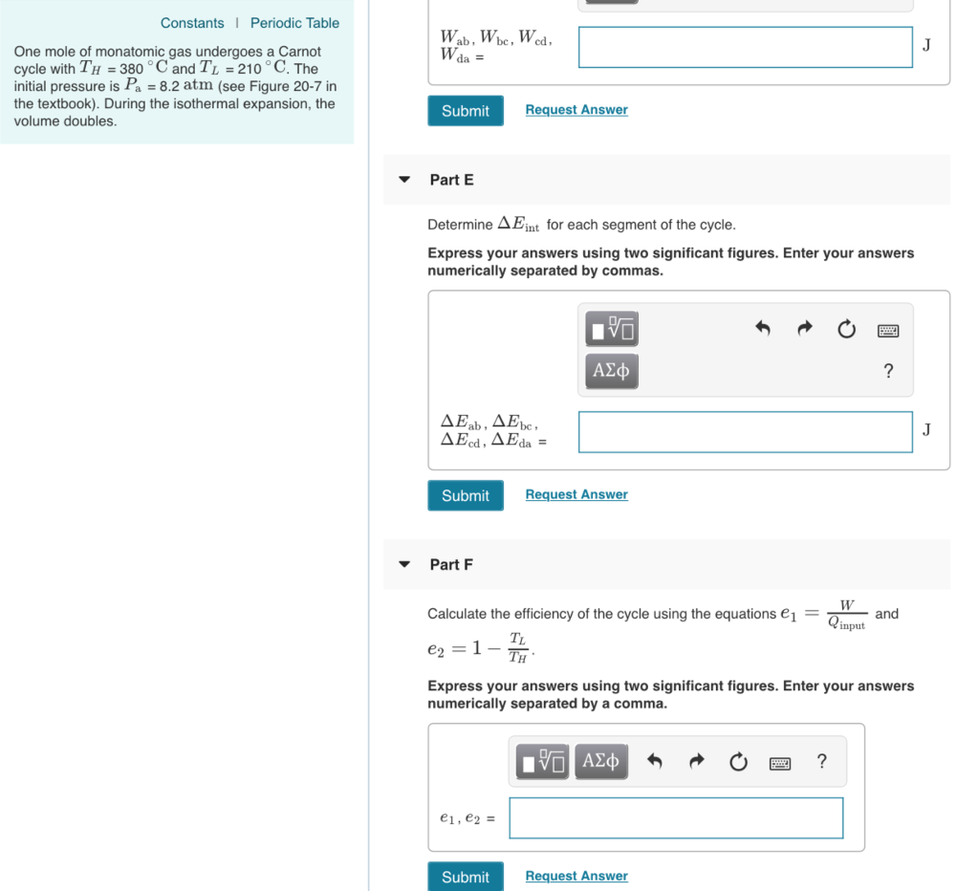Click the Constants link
192,23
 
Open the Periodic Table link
294,23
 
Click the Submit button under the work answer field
466,111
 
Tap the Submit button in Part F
466,877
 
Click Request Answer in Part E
577,494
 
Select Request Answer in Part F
577,876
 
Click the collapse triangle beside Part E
404,180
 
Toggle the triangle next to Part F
404,565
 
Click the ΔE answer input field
745,432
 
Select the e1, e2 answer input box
676,818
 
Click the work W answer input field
745,47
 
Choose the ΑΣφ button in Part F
600,761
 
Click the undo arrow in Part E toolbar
762,330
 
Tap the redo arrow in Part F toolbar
697,762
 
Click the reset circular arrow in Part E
846,330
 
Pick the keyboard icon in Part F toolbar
780,763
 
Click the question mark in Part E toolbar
888,371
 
